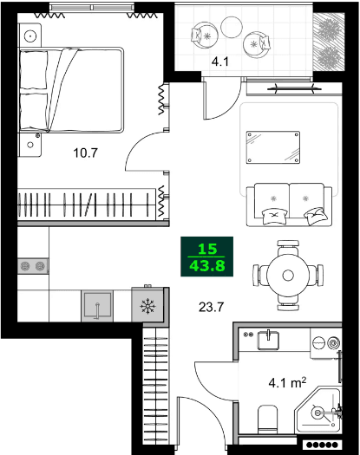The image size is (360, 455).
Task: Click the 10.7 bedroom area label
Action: click(x=85, y=155)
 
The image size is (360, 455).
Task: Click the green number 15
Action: click(x=206, y=248)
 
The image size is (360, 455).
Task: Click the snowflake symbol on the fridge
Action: click(x=147, y=306)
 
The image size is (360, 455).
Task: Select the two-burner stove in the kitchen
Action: click(x=33, y=266)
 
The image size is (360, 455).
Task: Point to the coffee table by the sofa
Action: click(x=273, y=146)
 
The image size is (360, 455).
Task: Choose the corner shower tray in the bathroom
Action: click(x=324, y=411)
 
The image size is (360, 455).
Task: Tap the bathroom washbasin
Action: click(x=270, y=338)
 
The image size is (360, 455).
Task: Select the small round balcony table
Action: click(x=232, y=29)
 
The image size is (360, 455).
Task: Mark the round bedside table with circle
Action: click(x=32, y=36)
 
